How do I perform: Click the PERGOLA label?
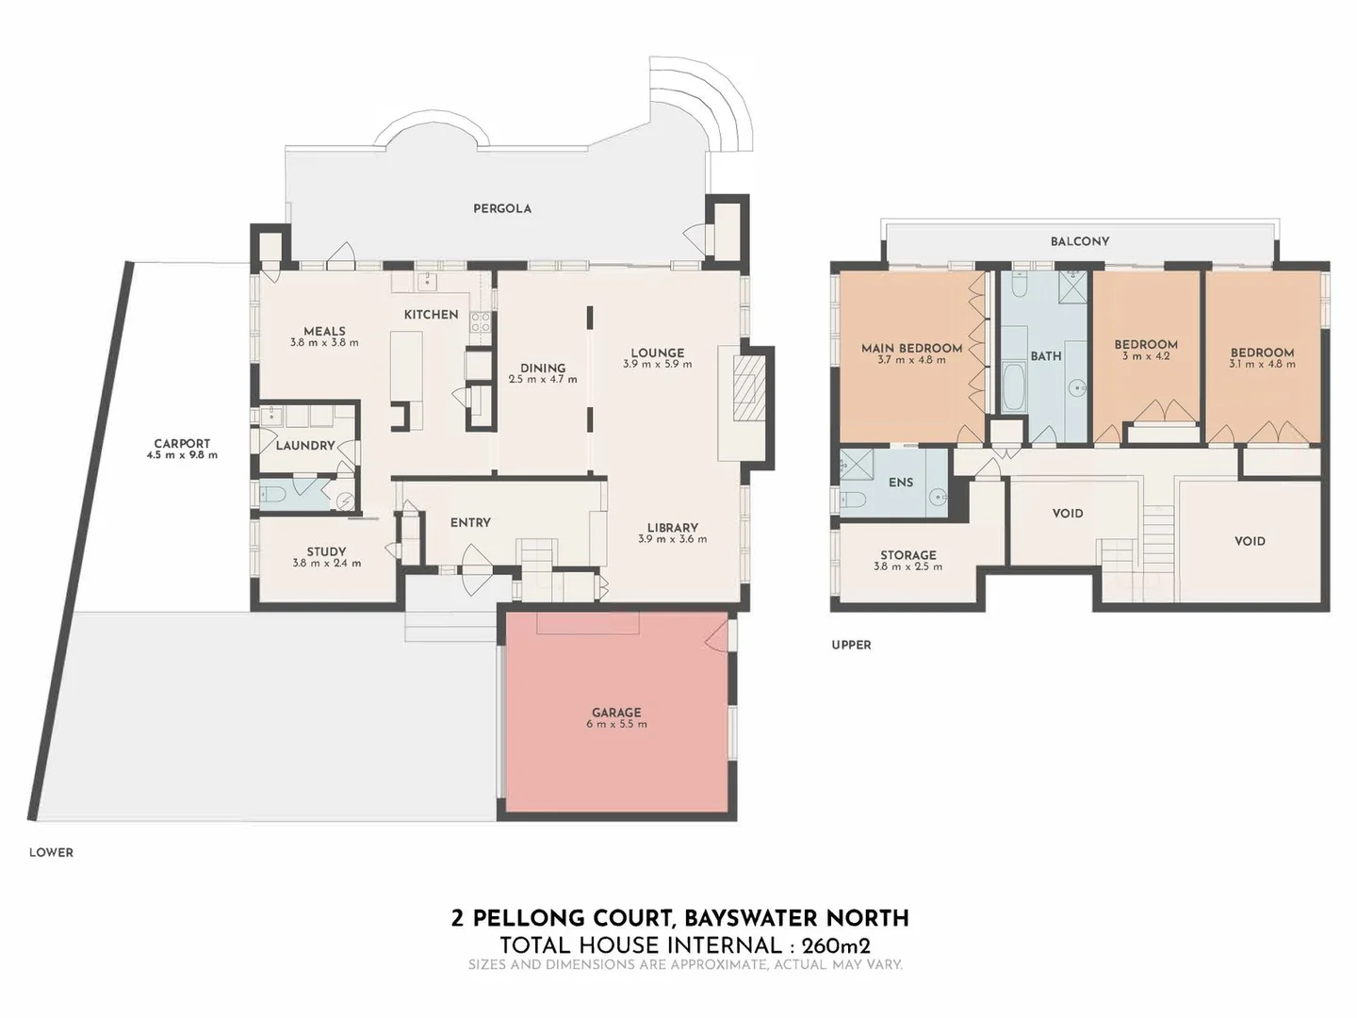point(501,208)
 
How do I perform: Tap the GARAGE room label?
point(616,713)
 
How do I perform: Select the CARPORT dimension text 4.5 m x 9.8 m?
point(182,455)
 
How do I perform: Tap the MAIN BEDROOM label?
point(911,348)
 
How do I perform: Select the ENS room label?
point(900,482)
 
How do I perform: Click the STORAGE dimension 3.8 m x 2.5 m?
point(907,567)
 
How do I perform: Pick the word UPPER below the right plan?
point(851,645)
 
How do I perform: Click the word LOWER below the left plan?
point(51,852)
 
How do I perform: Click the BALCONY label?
point(1080,241)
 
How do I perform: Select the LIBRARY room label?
point(672,528)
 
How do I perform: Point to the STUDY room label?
point(326,551)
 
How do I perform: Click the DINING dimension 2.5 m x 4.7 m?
point(543,379)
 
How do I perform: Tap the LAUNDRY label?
point(304,445)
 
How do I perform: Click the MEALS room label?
point(324,331)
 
